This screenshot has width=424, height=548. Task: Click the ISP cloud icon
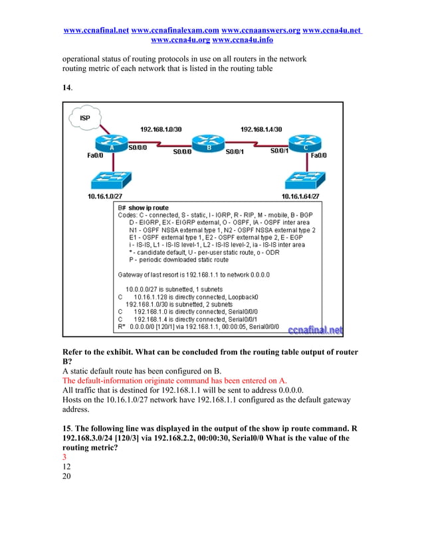tap(85, 118)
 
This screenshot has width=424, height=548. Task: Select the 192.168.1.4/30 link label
tap(261, 129)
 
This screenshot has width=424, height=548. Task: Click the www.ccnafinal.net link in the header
tap(96, 31)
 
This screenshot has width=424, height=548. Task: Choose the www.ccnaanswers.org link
tap(261, 31)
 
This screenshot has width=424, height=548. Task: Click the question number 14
tap(66, 87)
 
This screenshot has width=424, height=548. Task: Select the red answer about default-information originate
tap(174, 381)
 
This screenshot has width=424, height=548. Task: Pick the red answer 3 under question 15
tap(64, 457)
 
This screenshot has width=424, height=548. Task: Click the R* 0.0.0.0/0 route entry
tap(198, 326)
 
